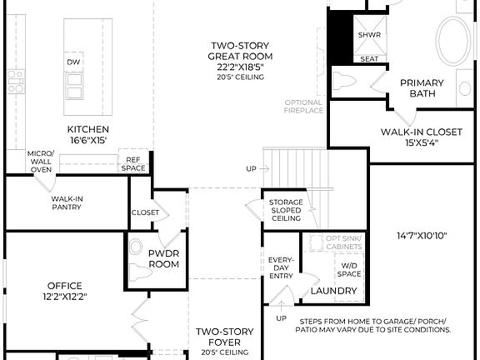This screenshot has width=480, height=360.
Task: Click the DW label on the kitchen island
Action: (x=75, y=62)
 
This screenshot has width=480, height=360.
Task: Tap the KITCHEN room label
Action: (x=88, y=129)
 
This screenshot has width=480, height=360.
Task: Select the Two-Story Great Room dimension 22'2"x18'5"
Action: (x=240, y=67)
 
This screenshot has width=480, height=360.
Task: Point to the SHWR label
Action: (x=369, y=35)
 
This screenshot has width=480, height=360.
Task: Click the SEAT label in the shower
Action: (x=369, y=59)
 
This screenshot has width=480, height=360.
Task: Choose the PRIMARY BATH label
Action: (x=422, y=88)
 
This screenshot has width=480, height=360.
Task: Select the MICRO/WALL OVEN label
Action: (x=40, y=162)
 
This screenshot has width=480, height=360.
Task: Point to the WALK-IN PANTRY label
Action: (x=67, y=203)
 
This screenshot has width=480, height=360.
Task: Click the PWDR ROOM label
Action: (x=164, y=258)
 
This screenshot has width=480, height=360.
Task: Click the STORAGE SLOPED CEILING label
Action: (x=286, y=210)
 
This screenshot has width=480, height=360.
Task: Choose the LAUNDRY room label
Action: (x=334, y=291)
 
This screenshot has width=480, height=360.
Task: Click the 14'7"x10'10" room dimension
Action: (x=422, y=237)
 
